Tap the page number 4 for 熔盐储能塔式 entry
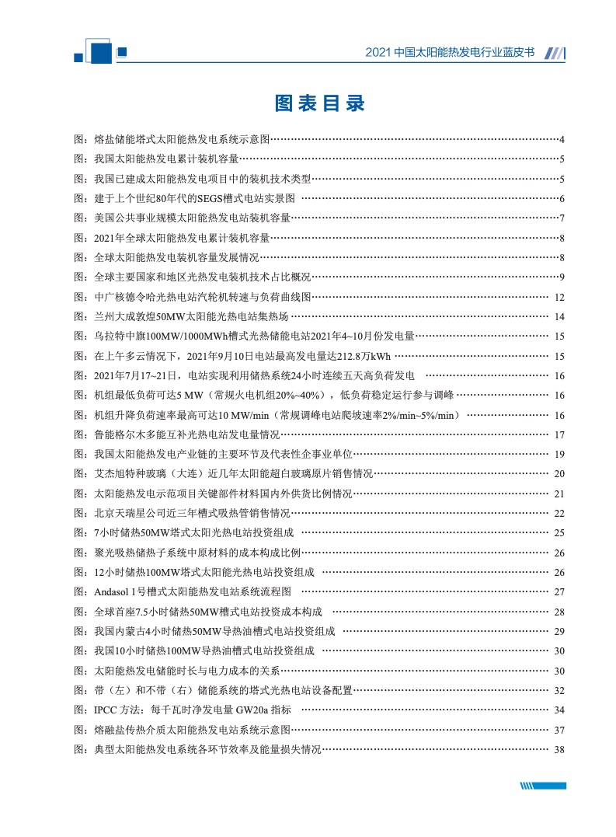tap(561, 140)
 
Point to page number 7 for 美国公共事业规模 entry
tap(561, 218)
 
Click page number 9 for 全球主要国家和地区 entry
tap(561, 277)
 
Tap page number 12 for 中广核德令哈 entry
tap(559, 297)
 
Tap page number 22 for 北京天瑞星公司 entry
tap(559, 513)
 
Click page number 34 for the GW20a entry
tap(559, 710)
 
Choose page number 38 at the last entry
tap(559, 749)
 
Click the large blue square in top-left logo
tap(101, 51)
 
